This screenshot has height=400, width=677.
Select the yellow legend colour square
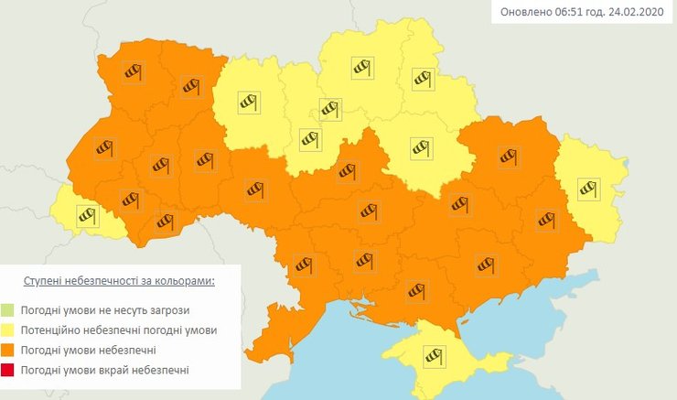[9, 330]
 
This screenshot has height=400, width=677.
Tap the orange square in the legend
[9, 350]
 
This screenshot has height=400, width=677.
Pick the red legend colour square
[9, 369]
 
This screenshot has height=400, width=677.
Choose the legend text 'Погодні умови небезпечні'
[87, 350]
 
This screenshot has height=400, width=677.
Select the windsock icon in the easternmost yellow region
[588, 189]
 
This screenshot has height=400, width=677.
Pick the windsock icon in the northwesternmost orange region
[134, 72]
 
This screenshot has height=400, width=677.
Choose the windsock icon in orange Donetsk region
[545, 219]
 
